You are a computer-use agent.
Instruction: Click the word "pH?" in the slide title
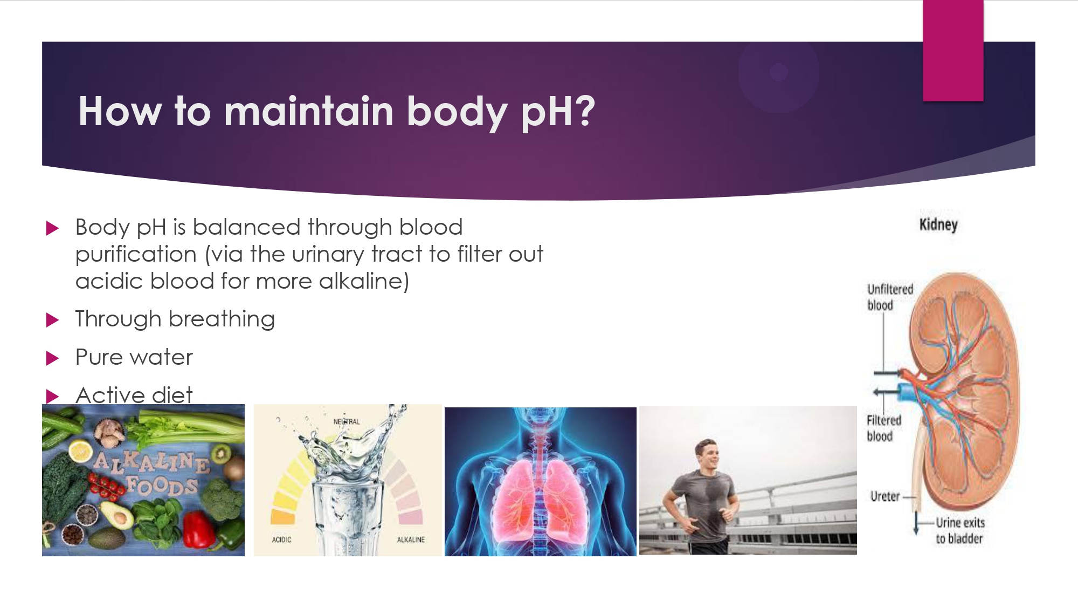(x=558, y=112)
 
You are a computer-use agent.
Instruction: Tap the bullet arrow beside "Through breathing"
(x=52, y=320)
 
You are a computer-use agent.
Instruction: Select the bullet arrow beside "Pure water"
(x=52, y=358)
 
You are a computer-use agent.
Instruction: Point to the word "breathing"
(x=222, y=319)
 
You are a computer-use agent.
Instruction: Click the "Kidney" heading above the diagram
(x=938, y=224)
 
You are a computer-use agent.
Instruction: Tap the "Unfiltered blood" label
(x=890, y=297)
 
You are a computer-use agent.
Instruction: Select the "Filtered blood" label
(x=883, y=428)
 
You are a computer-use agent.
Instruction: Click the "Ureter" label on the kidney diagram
(x=885, y=496)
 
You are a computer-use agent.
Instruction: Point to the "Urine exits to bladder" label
(x=960, y=530)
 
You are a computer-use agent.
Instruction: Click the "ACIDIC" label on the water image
(x=281, y=540)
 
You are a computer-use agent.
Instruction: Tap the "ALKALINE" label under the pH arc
(x=411, y=540)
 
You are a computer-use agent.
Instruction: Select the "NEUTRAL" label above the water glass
(x=347, y=421)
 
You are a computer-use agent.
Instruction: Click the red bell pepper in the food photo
(x=200, y=529)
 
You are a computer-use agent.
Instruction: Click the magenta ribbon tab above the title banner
(x=953, y=50)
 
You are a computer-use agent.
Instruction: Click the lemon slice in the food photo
(x=80, y=451)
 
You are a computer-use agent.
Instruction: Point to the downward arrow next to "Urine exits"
(x=916, y=522)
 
